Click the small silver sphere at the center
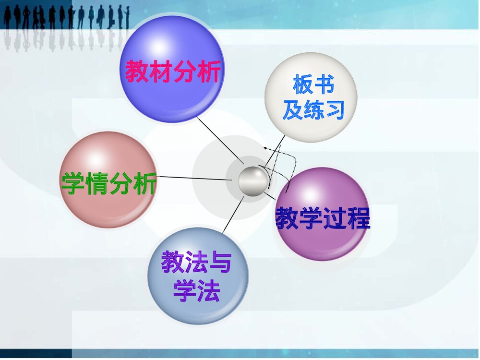pyautogui.click(x=253, y=180)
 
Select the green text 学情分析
pyautogui.click(x=109, y=183)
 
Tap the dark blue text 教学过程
pyautogui.click(x=323, y=218)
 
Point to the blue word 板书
pyautogui.click(x=313, y=85)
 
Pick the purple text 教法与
pyautogui.click(x=196, y=263)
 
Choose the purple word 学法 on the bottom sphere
pyautogui.click(x=196, y=290)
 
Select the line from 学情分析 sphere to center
pyautogui.click(x=192, y=178)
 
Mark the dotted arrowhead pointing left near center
pyautogui.click(x=265, y=149)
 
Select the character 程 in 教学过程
pyautogui.click(x=358, y=218)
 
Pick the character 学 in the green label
pyautogui.click(x=73, y=183)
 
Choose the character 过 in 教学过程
pyautogui.click(x=335, y=218)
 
